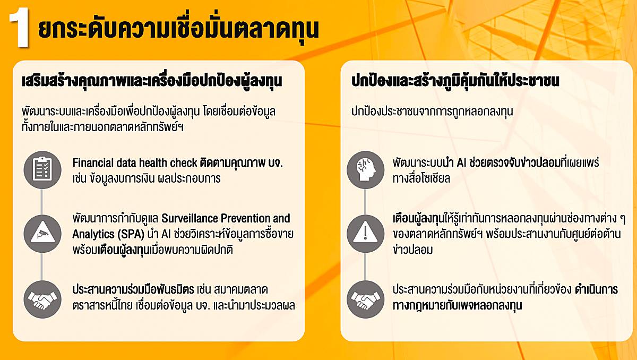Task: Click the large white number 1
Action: click(19, 27)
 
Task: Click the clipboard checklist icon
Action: click(42, 170)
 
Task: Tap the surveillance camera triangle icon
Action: click(42, 234)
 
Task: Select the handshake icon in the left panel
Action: click(42, 299)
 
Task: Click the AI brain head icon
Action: click(365, 170)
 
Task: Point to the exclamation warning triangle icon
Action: click(365, 234)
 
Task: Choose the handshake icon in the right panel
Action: click(365, 299)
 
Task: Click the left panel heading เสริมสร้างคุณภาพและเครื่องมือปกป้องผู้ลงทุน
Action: click(152, 81)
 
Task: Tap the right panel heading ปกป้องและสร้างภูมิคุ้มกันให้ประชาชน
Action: click(455, 81)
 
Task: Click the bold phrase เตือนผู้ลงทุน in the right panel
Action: click(418, 219)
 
